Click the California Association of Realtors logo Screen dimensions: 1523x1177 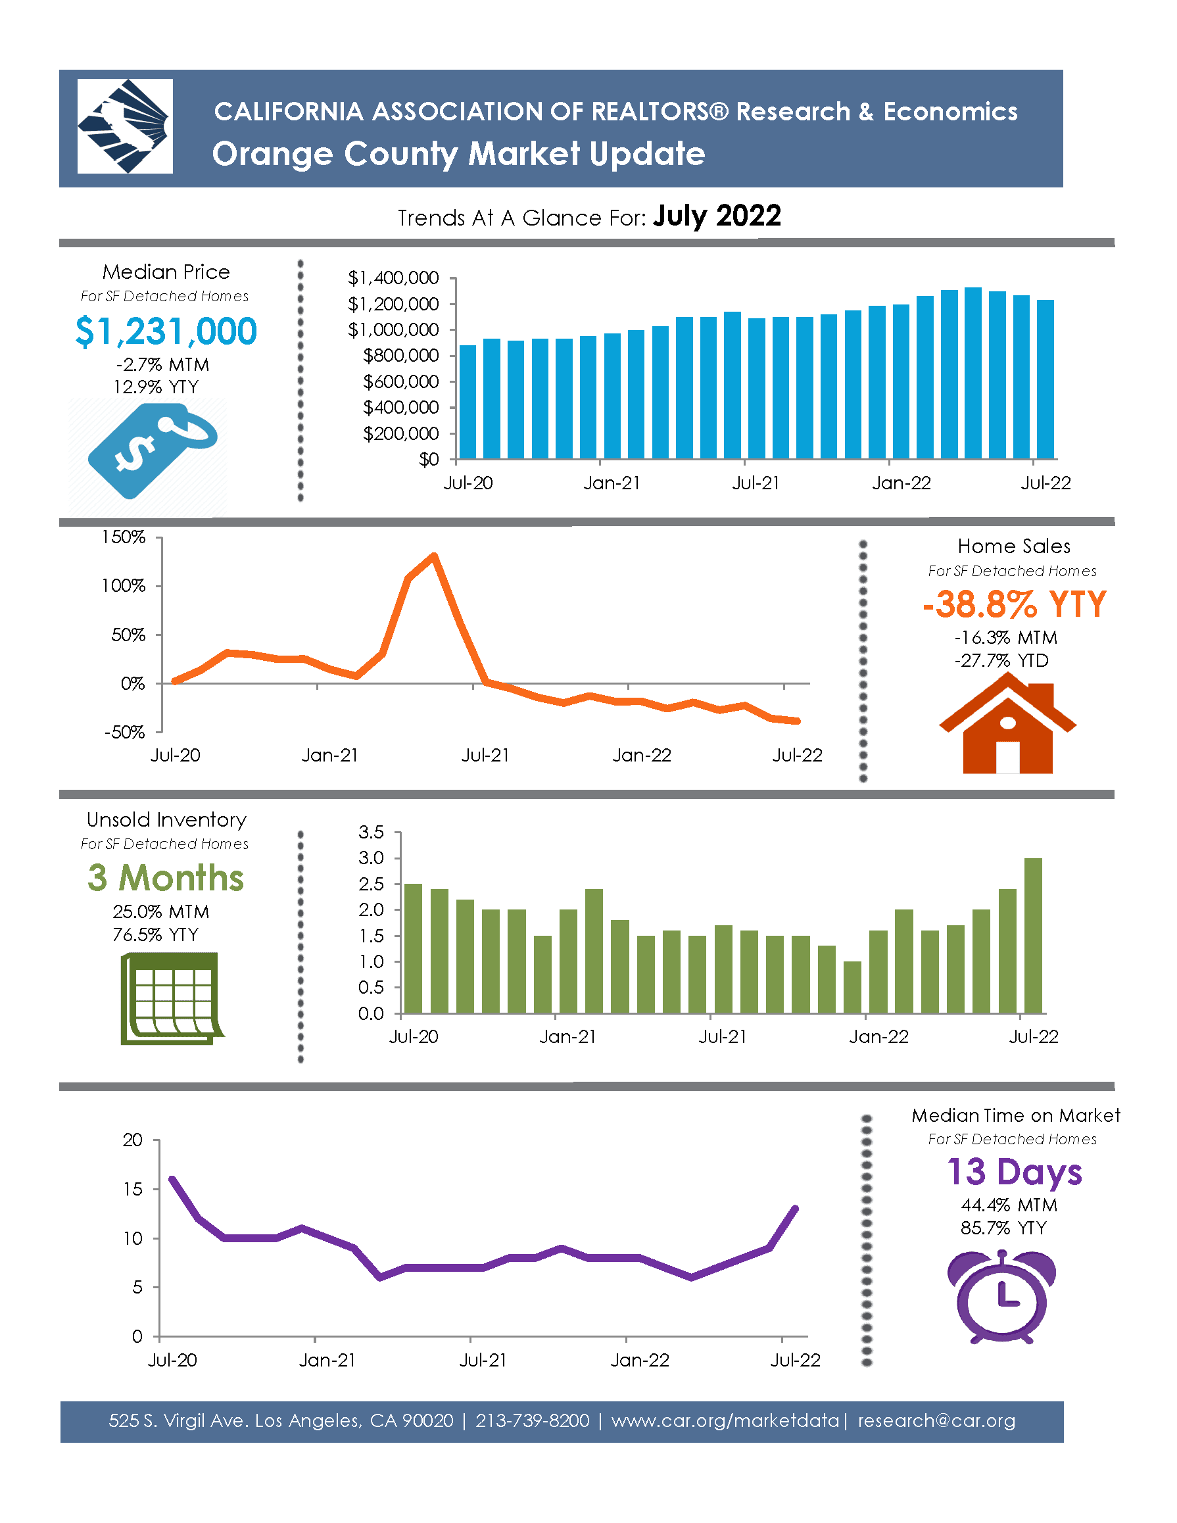pyautogui.click(x=125, y=126)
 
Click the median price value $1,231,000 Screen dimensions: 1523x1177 pyautogui.click(x=166, y=331)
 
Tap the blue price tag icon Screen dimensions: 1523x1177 pyautogui.click(x=151, y=449)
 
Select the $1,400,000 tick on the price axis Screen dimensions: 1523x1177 pyautogui.click(x=393, y=278)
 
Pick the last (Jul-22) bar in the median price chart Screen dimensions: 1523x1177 pyautogui.click(x=1045, y=379)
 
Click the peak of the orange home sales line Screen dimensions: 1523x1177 pyautogui.click(x=434, y=556)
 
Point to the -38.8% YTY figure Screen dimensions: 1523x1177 pyautogui.click(x=1014, y=604)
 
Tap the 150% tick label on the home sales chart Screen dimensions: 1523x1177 pyautogui.click(x=124, y=537)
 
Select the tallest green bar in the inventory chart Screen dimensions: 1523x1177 pyautogui.click(x=1034, y=935)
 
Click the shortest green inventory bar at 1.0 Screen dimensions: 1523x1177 pyautogui.click(x=852, y=987)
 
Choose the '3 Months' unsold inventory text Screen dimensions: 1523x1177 pyautogui.click(x=166, y=878)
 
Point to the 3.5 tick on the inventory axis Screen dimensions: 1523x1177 pyautogui.click(x=371, y=832)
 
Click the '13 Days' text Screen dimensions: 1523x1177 pyautogui.click(x=1014, y=1172)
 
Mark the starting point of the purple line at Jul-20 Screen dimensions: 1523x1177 pyautogui.click(x=172, y=1179)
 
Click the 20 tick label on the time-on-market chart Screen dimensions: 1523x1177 pyautogui.click(x=132, y=1140)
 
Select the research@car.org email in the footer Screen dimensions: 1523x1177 pyautogui.click(x=936, y=1420)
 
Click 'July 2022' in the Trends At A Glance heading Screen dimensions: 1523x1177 pyautogui.click(x=717, y=216)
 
